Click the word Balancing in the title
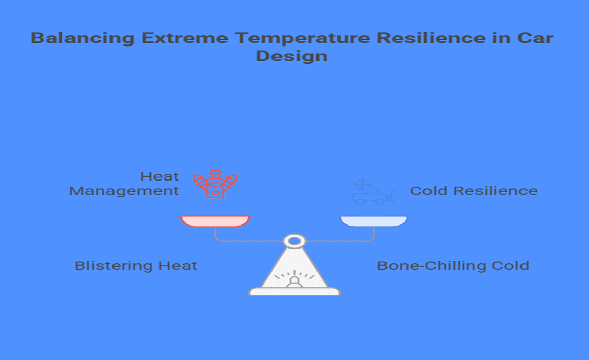click(83, 38)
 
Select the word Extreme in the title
click(185, 38)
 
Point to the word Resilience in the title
click(431, 38)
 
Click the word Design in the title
click(291, 56)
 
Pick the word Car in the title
click(535, 38)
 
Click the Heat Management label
click(124, 184)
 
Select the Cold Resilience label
click(473, 191)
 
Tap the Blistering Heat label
click(136, 266)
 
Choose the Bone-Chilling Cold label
click(453, 266)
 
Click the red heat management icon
click(215, 184)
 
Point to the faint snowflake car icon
click(373, 191)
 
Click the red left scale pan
click(215, 221)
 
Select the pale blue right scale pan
click(374, 221)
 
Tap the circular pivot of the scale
click(294, 241)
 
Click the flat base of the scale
click(294, 291)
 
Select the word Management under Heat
click(124, 191)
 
